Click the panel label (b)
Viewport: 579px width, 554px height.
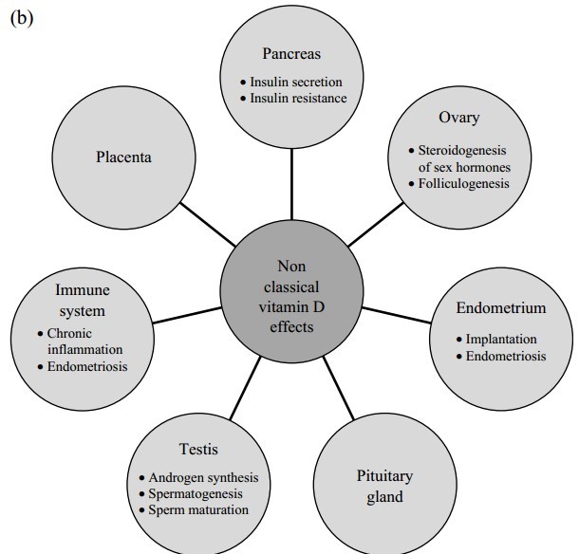click(20, 19)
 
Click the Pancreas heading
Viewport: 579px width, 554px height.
click(291, 54)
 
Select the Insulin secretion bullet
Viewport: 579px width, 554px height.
click(296, 82)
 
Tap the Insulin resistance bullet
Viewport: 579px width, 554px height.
click(296, 98)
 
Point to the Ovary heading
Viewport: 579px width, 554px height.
click(459, 119)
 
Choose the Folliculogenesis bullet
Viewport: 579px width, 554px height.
click(465, 182)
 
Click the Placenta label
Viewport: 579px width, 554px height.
click(124, 157)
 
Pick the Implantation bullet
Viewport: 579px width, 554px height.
click(500, 339)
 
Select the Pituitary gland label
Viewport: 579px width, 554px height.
click(383, 486)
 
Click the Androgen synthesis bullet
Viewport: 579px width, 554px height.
click(203, 478)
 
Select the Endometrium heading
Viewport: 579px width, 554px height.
click(500, 308)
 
